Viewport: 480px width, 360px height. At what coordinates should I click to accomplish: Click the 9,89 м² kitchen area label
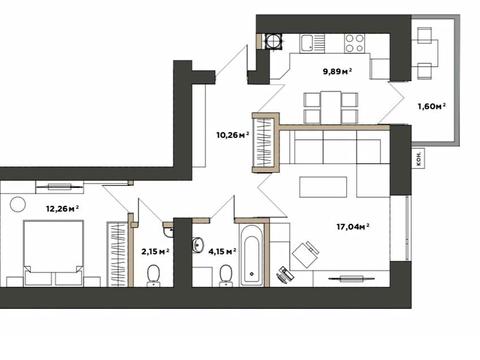pyautogui.click(x=337, y=71)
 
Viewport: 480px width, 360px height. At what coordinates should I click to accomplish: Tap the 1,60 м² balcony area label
pyautogui.click(x=432, y=106)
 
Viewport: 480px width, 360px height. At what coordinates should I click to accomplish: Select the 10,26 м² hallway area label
pyautogui.click(x=233, y=135)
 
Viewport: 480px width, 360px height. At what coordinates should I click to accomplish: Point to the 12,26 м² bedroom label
pyautogui.click(x=62, y=209)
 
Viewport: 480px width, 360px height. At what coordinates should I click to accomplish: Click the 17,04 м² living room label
pyautogui.click(x=353, y=227)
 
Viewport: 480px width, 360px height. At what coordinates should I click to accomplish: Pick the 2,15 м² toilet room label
pyautogui.click(x=155, y=251)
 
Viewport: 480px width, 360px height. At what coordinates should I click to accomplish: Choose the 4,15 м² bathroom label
pyautogui.click(x=222, y=251)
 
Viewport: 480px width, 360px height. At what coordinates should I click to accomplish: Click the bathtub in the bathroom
pyautogui.click(x=253, y=255)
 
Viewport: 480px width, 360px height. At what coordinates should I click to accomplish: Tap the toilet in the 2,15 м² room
pyautogui.click(x=153, y=276)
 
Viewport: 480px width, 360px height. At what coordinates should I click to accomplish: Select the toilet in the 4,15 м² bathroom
pyautogui.click(x=226, y=276)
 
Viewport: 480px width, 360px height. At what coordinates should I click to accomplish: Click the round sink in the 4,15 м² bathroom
pyautogui.click(x=198, y=245)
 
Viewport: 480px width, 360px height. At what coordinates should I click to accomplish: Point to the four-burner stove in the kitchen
pyautogui.click(x=354, y=43)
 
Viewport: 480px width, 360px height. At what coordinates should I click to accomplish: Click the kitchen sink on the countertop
pyautogui.click(x=307, y=43)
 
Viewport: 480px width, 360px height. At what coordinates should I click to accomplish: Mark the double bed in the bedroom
pyautogui.click(x=53, y=253)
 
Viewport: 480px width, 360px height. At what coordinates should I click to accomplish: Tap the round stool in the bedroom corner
pyautogui.click(x=18, y=204)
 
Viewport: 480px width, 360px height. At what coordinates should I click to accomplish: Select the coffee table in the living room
pyautogui.click(x=323, y=187)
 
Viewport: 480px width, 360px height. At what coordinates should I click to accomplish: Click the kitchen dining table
pyautogui.click(x=331, y=107)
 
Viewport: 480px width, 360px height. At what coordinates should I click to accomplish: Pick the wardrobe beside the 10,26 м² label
pyautogui.click(x=264, y=143)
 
